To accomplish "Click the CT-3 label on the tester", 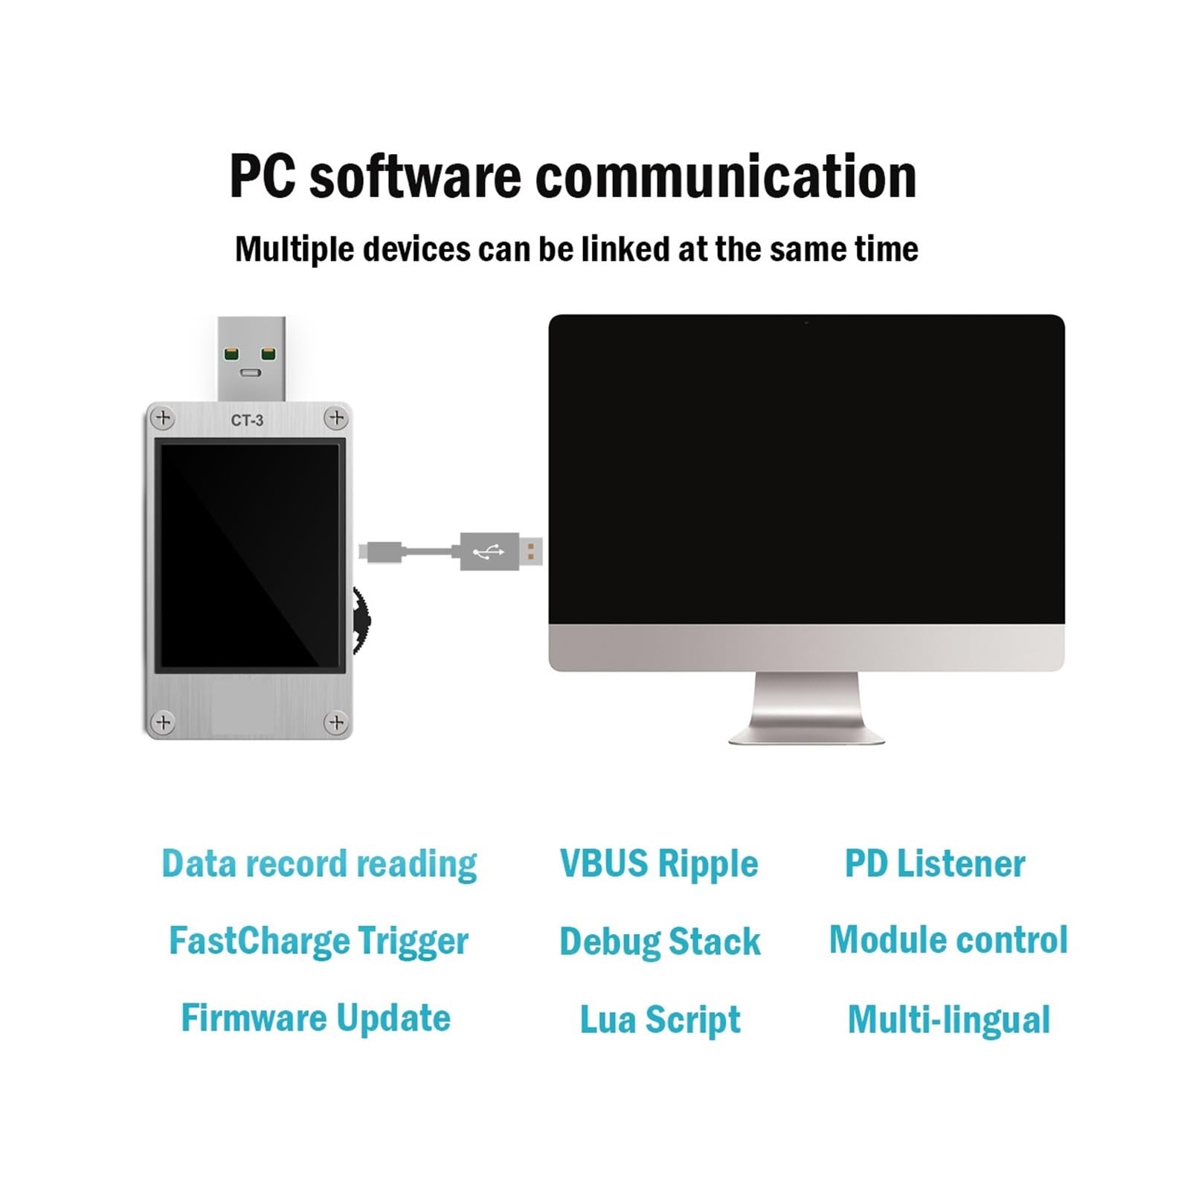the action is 247,420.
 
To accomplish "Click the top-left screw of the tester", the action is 163,419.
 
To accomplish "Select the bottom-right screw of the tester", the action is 336,721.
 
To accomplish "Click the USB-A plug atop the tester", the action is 251,359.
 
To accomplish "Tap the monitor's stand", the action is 806,707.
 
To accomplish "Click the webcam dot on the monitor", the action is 806,323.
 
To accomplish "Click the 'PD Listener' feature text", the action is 935,863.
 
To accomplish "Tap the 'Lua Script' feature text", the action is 660,1020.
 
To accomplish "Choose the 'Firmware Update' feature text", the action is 316,1018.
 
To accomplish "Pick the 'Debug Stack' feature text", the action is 660,942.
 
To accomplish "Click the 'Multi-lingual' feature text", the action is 949,1020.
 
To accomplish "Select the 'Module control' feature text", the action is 948,939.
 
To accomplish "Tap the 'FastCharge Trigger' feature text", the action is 318,942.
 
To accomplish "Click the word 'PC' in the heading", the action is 262,176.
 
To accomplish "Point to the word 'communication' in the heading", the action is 726,176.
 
